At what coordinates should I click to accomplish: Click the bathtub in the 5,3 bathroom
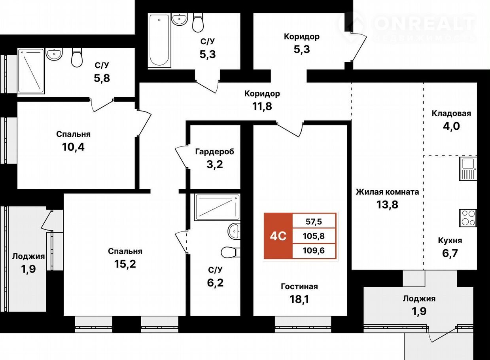(x=159, y=40)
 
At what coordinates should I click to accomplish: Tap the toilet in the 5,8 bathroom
(x=77, y=57)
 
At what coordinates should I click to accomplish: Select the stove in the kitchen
(x=468, y=218)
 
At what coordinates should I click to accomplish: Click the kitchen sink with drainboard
(x=468, y=169)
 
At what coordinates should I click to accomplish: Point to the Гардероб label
(x=215, y=152)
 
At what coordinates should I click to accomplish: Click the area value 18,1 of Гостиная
(x=299, y=299)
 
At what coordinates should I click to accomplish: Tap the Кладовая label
(x=451, y=114)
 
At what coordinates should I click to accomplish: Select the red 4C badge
(x=278, y=236)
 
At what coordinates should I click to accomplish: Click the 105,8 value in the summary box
(x=314, y=236)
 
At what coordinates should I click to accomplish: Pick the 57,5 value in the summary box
(x=314, y=222)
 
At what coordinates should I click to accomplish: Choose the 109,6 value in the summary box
(x=314, y=250)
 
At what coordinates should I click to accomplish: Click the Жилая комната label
(x=388, y=192)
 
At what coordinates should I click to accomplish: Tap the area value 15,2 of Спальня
(x=125, y=264)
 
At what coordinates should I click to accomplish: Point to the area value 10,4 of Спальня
(x=73, y=147)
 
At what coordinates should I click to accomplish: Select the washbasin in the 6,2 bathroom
(x=234, y=231)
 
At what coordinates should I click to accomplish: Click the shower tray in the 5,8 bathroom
(x=31, y=71)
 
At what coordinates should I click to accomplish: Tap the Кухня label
(x=450, y=241)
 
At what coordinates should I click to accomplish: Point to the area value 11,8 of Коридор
(x=262, y=106)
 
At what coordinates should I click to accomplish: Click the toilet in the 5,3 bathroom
(x=198, y=23)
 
